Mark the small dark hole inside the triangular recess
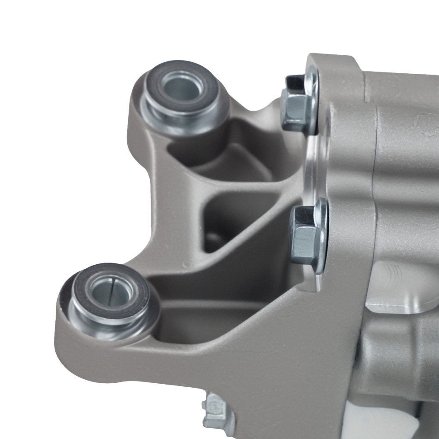coord(214,240)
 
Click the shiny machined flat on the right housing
coord(395,285)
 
